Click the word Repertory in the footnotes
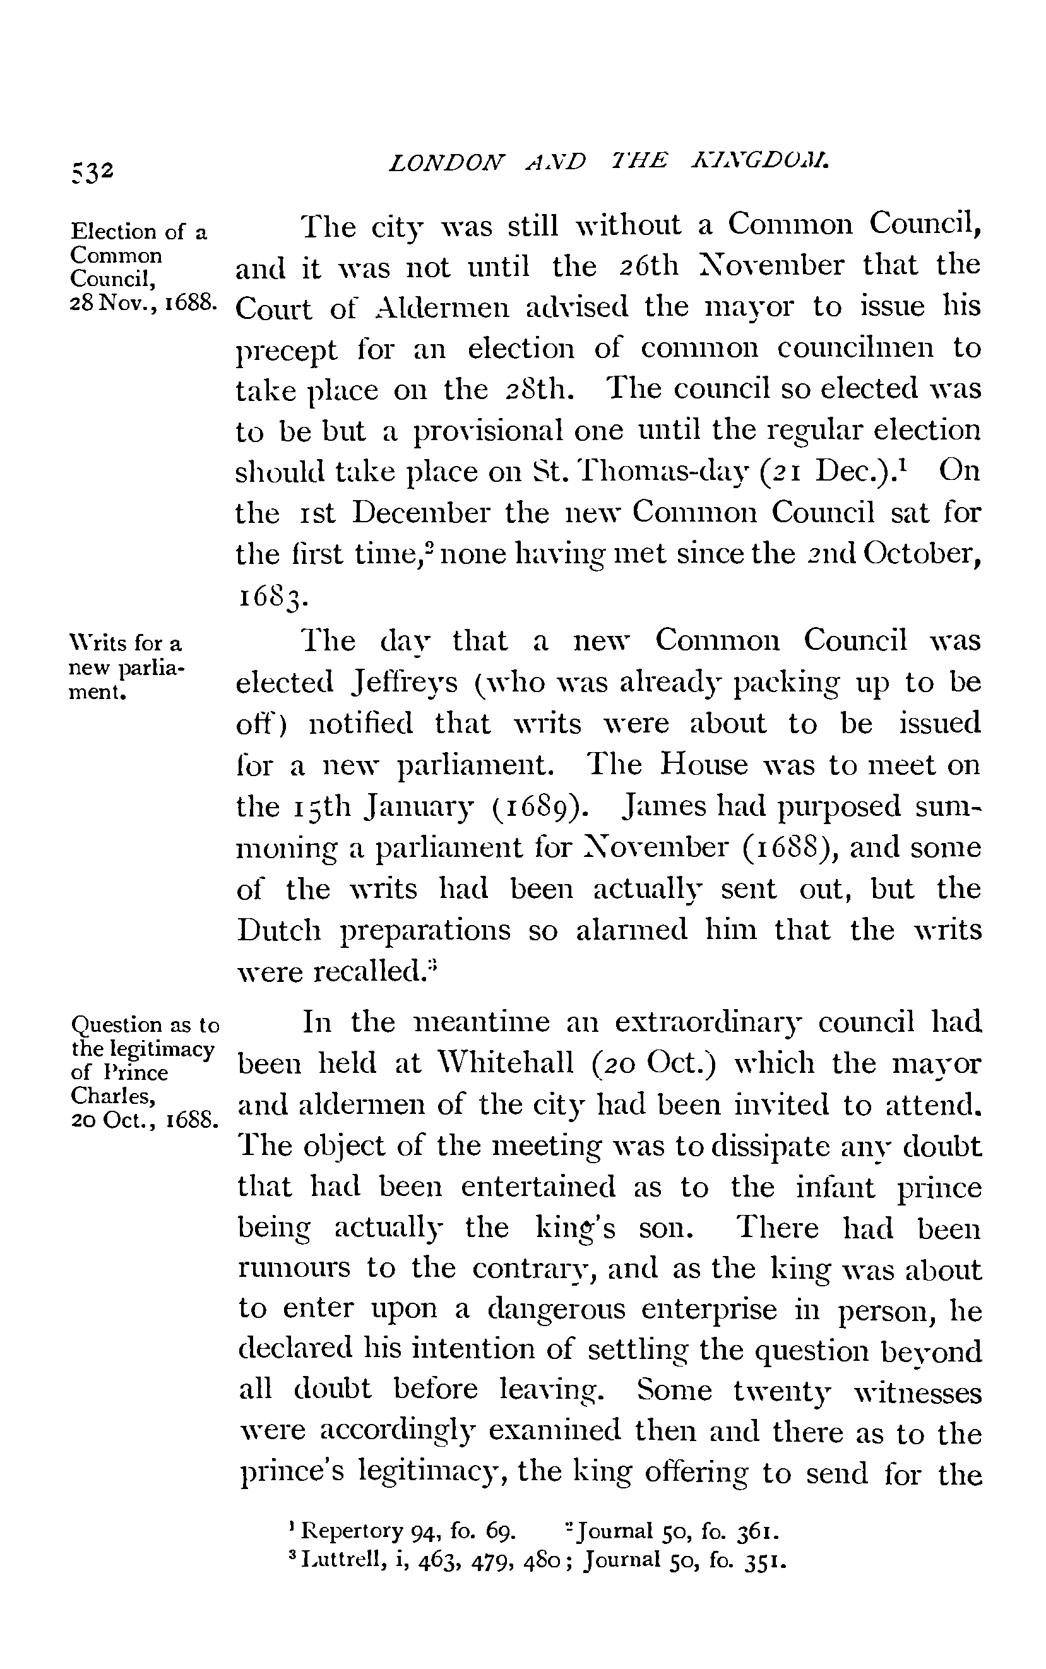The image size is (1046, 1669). tap(352, 1530)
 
